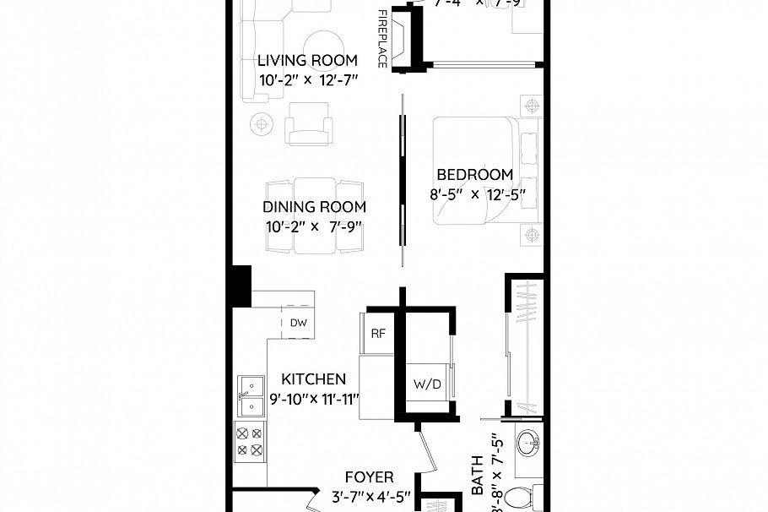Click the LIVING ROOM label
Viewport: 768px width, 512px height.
(307, 61)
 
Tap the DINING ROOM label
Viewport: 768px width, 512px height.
(314, 207)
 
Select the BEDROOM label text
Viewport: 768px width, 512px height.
(474, 175)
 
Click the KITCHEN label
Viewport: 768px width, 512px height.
(313, 379)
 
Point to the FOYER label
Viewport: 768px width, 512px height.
(369, 477)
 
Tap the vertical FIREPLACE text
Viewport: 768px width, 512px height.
(382, 40)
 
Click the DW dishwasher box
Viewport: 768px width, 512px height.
(298, 323)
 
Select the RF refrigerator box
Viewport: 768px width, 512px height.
(377, 333)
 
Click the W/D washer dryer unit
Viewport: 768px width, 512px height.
(426, 383)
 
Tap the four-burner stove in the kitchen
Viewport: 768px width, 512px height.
(251, 441)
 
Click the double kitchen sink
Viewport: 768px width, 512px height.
(251, 397)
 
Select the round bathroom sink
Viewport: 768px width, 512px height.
(529, 444)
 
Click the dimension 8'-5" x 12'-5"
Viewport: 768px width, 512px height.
(477, 194)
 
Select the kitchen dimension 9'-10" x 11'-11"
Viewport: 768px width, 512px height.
(315, 399)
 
